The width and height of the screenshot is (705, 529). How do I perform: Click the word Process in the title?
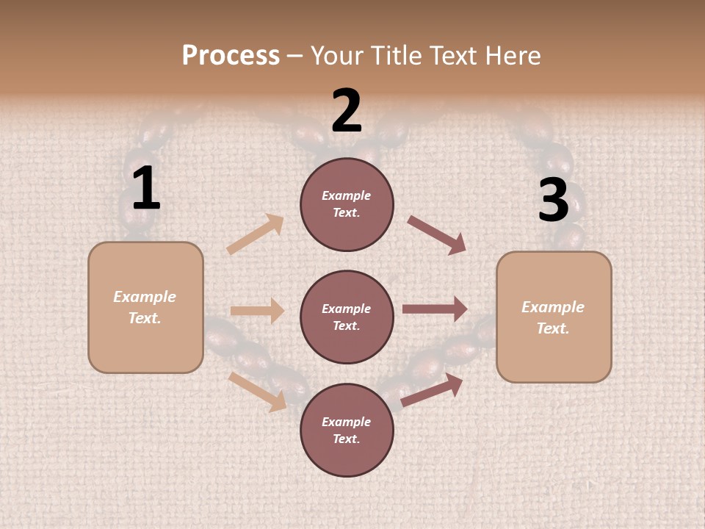point(231,56)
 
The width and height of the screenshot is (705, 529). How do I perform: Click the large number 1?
point(145,189)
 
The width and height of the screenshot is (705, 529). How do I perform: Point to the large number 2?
point(347,111)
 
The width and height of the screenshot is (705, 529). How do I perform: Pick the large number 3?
point(553,201)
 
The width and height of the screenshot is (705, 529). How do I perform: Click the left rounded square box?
point(145,307)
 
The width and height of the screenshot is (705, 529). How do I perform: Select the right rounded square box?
point(554,317)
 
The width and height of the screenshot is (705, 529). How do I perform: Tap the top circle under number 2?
point(347,204)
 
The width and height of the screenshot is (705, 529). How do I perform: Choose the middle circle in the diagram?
point(347,317)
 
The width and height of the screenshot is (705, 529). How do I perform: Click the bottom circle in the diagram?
point(347,431)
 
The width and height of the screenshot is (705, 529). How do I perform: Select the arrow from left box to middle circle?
point(257,311)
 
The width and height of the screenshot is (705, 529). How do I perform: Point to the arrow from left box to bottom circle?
point(258,392)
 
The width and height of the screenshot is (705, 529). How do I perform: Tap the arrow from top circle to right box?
point(436,235)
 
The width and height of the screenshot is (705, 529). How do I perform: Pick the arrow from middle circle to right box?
point(435,309)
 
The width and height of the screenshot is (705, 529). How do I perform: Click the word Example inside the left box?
point(145,297)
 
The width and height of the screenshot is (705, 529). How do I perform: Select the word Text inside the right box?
point(553,328)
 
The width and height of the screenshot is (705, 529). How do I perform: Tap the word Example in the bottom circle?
point(346,422)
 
